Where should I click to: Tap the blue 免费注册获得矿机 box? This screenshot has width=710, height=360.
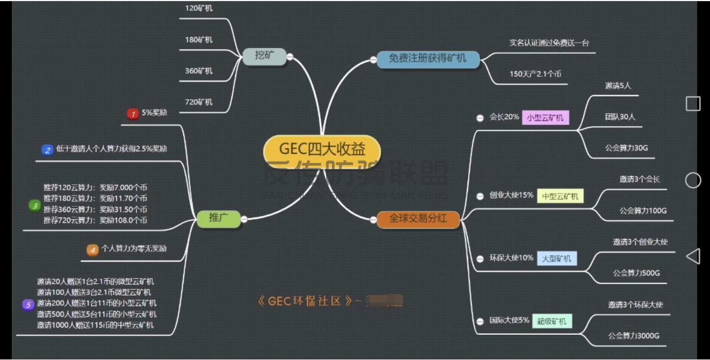click(428, 59)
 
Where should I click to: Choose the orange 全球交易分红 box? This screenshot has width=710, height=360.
click(418, 218)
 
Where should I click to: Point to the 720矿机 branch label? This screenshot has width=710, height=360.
click(199, 102)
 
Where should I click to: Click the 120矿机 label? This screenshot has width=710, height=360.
click(199, 8)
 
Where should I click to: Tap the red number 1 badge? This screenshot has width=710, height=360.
click(133, 114)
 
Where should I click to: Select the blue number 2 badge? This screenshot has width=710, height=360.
click(48, 149)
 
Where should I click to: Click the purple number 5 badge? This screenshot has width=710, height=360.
click(28, 305)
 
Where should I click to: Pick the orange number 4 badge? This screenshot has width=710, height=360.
click(92, 250)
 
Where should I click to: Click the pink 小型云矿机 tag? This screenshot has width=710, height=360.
click(545, 118)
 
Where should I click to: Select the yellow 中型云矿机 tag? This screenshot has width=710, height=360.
click(560, 197)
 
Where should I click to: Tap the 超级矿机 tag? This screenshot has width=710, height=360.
click(552, 321)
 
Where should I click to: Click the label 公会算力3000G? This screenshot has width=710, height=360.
click(634, 336)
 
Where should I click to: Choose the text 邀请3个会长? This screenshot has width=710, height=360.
click(639, 180)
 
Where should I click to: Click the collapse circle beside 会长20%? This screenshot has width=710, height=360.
click(480, 118)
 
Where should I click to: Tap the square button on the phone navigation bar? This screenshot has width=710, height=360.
click(693, 104)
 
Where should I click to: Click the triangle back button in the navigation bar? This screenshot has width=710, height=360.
click(693, 256)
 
